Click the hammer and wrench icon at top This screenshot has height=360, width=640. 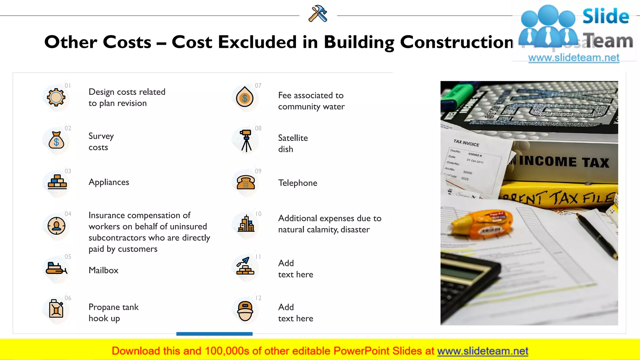[x=318, y=14]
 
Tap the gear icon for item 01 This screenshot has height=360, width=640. [x=56, y=97]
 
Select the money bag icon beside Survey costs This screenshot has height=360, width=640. [x=56, y=140]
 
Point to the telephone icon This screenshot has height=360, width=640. [x=246, y=182]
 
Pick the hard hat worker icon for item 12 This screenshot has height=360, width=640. [x=245, y=311]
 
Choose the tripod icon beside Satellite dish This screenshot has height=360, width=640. [x=246, y=141]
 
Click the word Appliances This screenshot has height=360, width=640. [x=109, y=182]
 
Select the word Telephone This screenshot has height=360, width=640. [x=297, y=183]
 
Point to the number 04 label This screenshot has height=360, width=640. [x=68, y=214]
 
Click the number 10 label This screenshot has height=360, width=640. [x=258, y=214]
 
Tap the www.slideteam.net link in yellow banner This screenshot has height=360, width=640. [x=482, y=351]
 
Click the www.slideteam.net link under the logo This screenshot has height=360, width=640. [x=573, y=58]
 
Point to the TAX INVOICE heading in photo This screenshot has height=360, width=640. [x=466, y=143]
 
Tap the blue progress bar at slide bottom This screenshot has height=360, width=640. [x=214, y=334]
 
